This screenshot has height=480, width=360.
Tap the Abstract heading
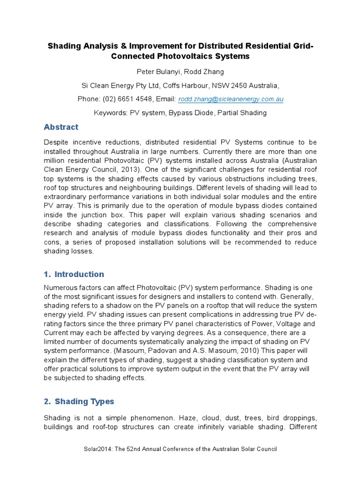pyautogui.click(x=61, y=127)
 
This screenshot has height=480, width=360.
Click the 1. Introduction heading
pyautogui.click(x=74, y=274)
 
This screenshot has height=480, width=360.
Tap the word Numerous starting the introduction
pyautogui.click(x=60, y=287)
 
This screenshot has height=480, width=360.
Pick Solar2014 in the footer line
pyautogui.click(x=96, y=449)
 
